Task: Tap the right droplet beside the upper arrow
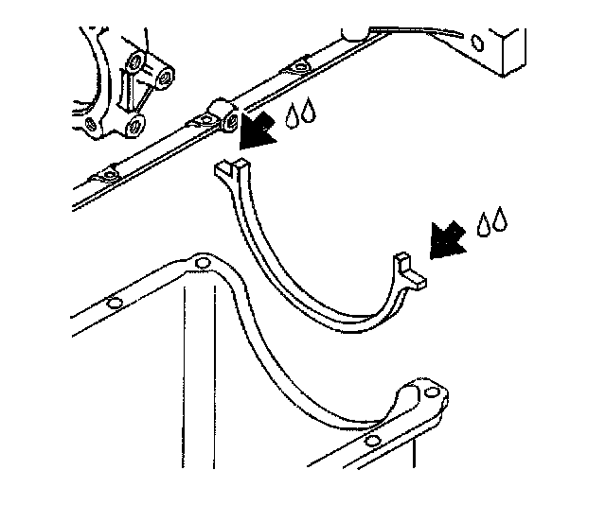click(310, 114)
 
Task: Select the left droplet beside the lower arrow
click(485, 225)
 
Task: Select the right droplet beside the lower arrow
click(500, 222)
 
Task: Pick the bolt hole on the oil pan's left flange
click(113, 304)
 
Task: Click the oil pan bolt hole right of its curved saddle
click(432, 392)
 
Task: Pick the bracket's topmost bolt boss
click(136, 63)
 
